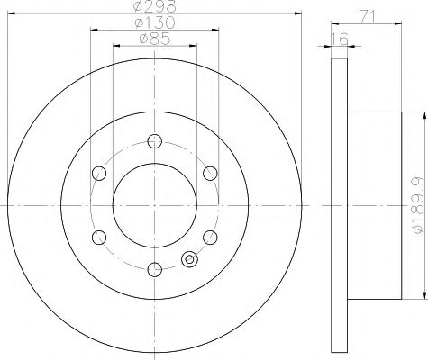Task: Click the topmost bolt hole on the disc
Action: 154,140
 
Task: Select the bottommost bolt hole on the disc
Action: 154,268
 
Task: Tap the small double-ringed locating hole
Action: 189,260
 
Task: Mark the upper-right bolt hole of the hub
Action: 210,173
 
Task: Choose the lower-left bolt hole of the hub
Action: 98,238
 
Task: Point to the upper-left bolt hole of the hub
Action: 98,173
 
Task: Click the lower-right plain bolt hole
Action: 210,237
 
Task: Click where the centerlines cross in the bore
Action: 154,205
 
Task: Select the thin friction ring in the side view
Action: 339,205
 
